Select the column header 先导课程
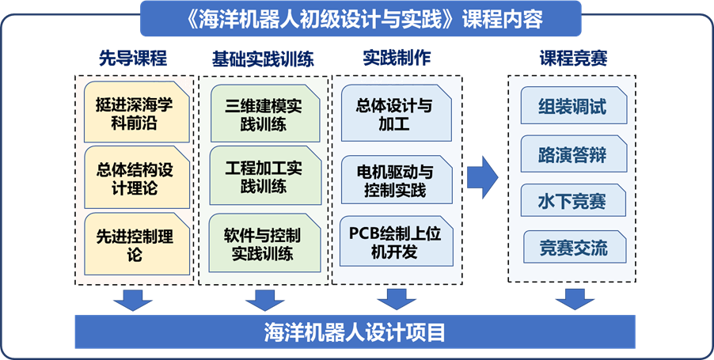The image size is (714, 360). tap(133, 58)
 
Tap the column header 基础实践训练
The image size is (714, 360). tap(262, 58)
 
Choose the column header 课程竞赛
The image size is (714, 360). tap(572, 58)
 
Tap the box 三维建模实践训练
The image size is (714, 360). tap(262, 115)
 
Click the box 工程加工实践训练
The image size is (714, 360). tap(262, 178)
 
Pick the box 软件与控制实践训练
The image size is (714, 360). tap(262, 244)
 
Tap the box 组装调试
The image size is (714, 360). tap(572, 106)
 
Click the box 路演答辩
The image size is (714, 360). tap(572, 153)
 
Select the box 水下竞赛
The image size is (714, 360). tap(572, 200)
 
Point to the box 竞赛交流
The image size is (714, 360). tap(572, 248)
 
